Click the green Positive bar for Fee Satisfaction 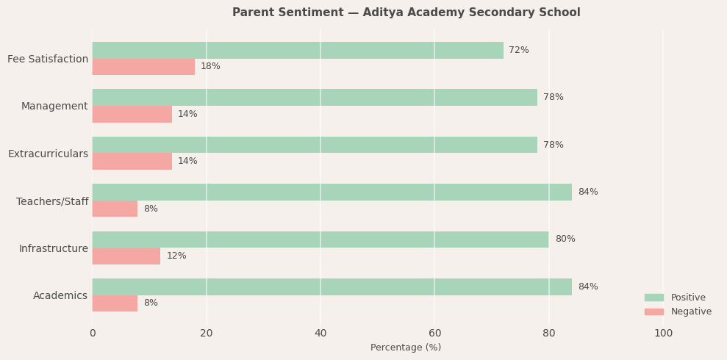click(298, 50)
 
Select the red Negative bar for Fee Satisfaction click(143, 67)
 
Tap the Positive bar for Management click(315, 98)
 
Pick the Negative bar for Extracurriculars click(132, 162)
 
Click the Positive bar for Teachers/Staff click(332, 192)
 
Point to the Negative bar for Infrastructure click(126, 256)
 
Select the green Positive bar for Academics click(332, 287)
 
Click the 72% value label click(519, 50)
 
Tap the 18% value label click(210, 67)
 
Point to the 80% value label click(565, 240)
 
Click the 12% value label click(176, 256)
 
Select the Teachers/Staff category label click(52, 201)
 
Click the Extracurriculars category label click(48, 154)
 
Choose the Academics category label click(60, 296)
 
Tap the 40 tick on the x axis click(320, 334)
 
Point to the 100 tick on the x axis click(663, 334)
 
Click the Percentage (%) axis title click(406, 348)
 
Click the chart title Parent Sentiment click(406, 12)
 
